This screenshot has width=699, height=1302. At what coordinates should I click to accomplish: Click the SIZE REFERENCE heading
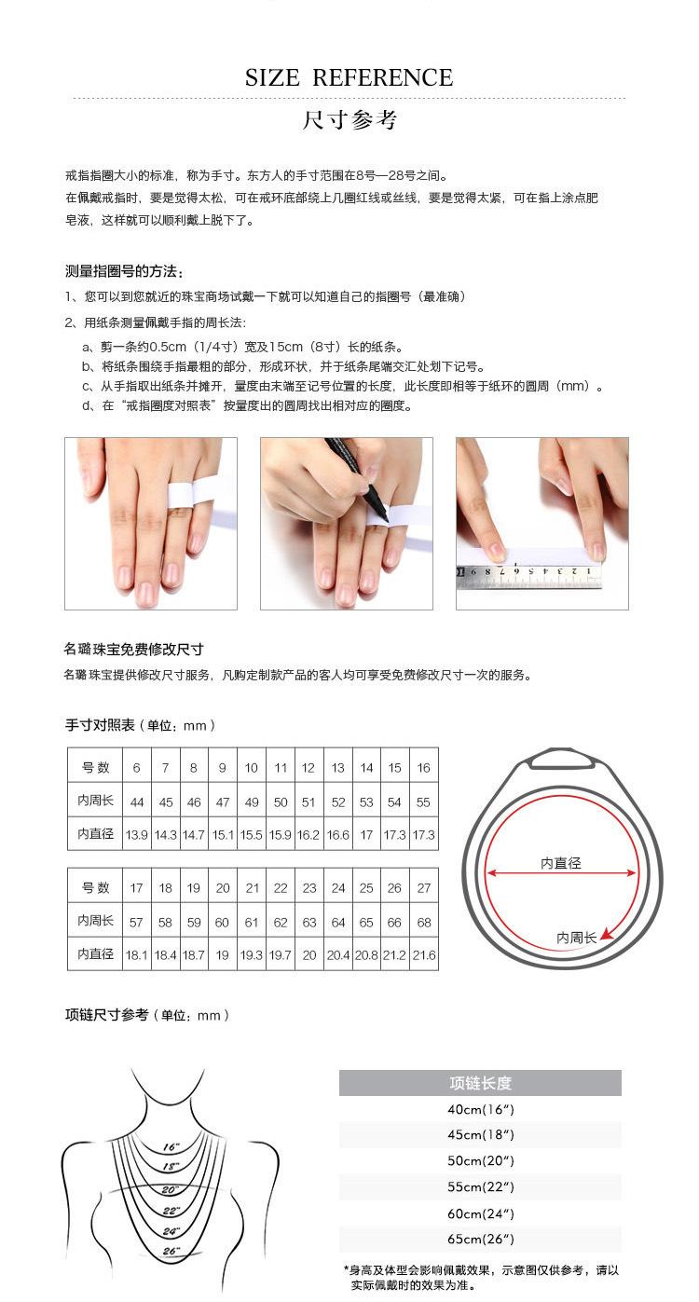(x=349, y=78)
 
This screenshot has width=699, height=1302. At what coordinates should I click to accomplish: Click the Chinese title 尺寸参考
(x=349, y=120)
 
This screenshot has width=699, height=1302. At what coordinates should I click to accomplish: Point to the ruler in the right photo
(x=528, y=575)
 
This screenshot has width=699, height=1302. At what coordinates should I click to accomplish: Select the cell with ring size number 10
(x=251, y=768)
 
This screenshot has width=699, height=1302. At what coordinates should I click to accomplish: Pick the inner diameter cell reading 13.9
(x=137, y=835)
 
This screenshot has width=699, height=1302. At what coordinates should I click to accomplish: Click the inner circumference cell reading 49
(x=251, y=802)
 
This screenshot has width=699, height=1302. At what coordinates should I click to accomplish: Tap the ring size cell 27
(x=423, y=888)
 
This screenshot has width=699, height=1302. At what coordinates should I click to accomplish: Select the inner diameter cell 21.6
(x=423, y=955)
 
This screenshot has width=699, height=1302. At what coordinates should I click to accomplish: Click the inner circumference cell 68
(x=423, y=923)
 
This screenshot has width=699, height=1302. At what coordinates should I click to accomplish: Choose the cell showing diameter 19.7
(x=280, y=955)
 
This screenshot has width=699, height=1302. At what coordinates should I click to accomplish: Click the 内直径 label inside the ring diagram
(x=561, y=863)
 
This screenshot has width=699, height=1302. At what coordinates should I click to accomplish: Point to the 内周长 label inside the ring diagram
(x=576, y=938)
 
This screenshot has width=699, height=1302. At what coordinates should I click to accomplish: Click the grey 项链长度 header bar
(x=480, y=1083)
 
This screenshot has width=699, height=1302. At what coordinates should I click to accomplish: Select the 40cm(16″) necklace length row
(x=480, y=1110)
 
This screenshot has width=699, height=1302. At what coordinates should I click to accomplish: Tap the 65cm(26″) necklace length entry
(x=480, y=1240)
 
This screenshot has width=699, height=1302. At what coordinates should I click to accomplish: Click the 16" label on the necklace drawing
(x=171, y=1146)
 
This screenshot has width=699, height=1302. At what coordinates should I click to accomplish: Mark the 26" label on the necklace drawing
(x=171, y=1251)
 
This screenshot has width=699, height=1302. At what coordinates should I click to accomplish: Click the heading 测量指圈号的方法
(x=125, y=271)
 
